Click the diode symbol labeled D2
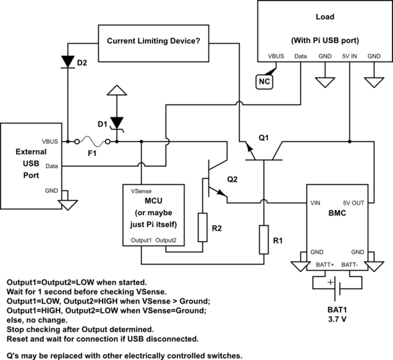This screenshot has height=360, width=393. tap(67, 60)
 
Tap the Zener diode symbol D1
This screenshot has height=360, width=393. tap(117, 123)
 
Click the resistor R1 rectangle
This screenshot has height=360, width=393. tap(263, 241)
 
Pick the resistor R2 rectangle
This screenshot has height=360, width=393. tap(202, 228)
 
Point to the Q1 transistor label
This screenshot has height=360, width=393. tap(263, 138)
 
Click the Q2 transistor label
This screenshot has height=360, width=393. tap(232, 178)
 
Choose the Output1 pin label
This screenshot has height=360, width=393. tap(141, 240)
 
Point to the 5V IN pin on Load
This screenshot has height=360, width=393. tap(349, 56)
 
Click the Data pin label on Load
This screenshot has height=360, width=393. tap(301, 56)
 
